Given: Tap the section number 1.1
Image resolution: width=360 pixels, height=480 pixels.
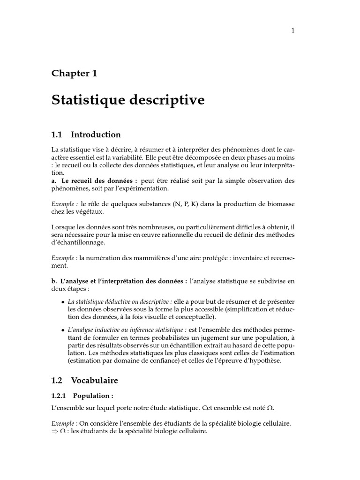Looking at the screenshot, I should click(x=57, y=135).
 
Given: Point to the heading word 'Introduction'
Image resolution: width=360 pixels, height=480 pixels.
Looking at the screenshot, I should click(x=96, y=135).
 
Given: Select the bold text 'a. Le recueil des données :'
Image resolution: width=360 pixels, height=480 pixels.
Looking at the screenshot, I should click(x=94, y=181).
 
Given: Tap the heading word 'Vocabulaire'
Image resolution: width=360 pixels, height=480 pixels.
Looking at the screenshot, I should click(x=94, y=380).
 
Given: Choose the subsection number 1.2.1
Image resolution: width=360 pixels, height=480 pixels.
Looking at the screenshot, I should click(x=60, y=395).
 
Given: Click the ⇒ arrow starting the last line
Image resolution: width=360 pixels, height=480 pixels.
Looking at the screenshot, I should click(x=55, y=431).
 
